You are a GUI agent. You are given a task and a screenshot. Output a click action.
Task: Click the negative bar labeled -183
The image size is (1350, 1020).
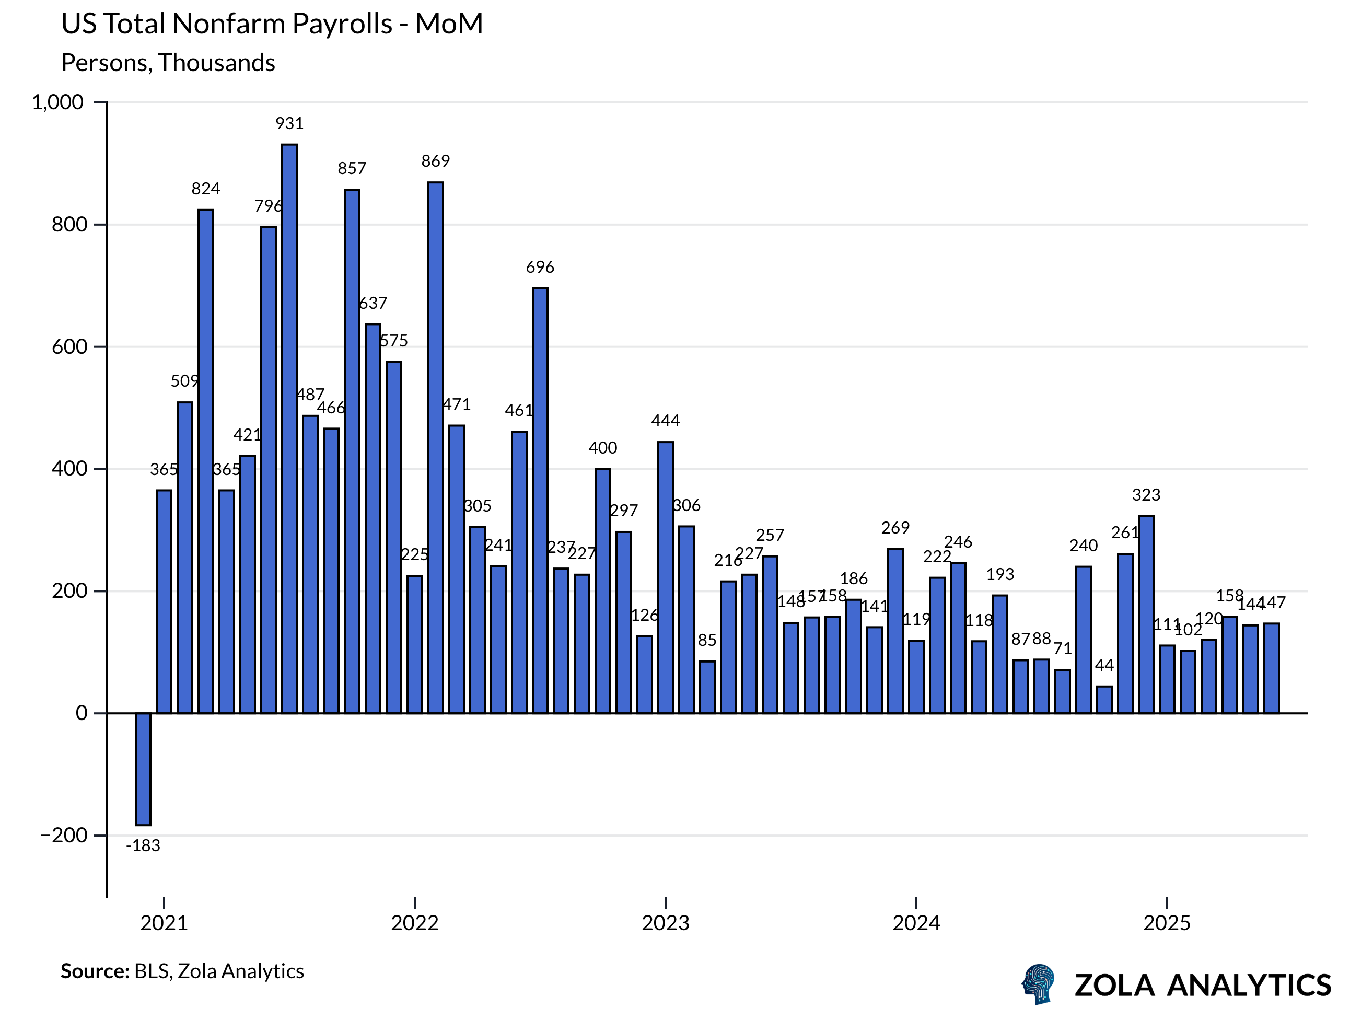click(x=143, y=769)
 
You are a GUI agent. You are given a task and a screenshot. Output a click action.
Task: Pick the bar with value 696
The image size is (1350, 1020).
click(x=540, y=501)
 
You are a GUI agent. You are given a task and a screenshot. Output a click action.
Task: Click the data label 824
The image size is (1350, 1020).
click(x=206, y=189)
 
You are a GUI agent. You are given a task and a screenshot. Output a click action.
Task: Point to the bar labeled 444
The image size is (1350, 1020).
click(x=665, y=577)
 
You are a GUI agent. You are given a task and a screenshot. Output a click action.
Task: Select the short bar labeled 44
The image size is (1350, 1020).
click(x=1104, y=700)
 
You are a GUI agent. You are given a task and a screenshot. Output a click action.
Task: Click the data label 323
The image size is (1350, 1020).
click(x=1146, y=495)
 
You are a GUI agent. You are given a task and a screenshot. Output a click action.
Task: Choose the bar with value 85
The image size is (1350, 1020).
click(x=707, y=687)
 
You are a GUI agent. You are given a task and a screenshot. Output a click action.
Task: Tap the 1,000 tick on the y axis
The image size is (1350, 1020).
click(x=57, y=102)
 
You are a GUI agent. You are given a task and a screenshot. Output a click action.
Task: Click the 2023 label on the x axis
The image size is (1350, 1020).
click(x=665, y=923)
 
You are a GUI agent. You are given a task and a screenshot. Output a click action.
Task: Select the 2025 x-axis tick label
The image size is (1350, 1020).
click(x=1167, y=923)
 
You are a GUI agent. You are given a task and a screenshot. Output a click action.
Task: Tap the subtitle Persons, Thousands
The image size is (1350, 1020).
click(x=168, y=63)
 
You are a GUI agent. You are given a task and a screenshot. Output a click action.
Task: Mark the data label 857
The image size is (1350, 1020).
click(x=352, y=168)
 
